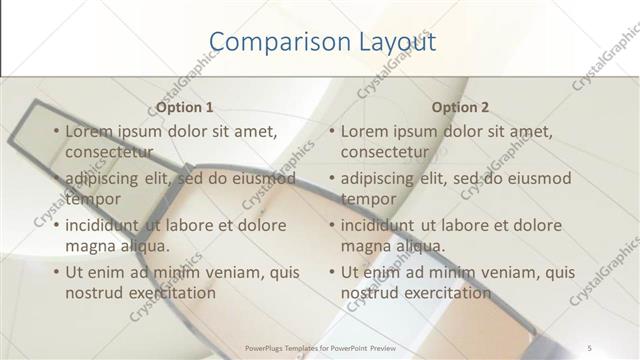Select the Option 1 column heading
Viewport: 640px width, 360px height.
(185, 107)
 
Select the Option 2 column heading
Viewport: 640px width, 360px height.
(460, 107)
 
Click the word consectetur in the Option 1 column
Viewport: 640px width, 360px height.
(109, 152)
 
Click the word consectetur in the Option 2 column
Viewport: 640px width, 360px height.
(384, 152)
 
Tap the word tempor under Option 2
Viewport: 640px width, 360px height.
(367, 198)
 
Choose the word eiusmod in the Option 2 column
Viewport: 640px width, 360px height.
(538, 178)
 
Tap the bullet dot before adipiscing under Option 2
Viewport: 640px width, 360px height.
(331, 179)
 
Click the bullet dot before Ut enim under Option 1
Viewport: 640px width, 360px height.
(56, 272)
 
